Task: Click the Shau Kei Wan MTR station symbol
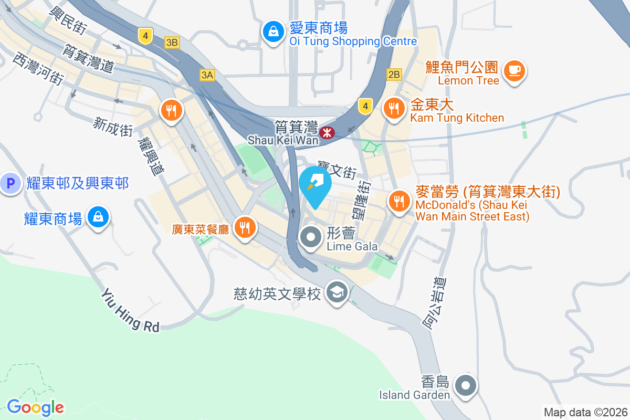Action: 328,133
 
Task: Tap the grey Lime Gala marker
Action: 311,237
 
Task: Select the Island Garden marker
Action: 466,386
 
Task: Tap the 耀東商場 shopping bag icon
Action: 98,217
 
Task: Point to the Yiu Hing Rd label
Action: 131,310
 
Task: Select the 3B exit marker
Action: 172,43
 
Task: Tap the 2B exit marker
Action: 394,74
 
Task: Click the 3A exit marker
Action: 207,75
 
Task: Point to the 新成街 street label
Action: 113,127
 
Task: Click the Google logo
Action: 35,407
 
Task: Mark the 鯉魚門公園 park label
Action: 462,67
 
